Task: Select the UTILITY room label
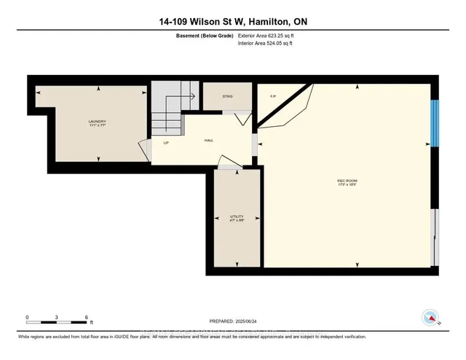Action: point(236,216)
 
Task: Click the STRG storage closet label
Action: point(218,95)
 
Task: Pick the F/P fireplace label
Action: point(273,95)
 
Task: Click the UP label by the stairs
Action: point(166,143)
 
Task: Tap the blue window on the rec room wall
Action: point(434,123)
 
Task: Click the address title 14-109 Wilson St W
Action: point(233,22)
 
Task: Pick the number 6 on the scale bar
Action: point(87,317)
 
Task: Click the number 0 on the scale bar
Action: point(27,317)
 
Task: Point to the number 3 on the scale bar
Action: point(57,317)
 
